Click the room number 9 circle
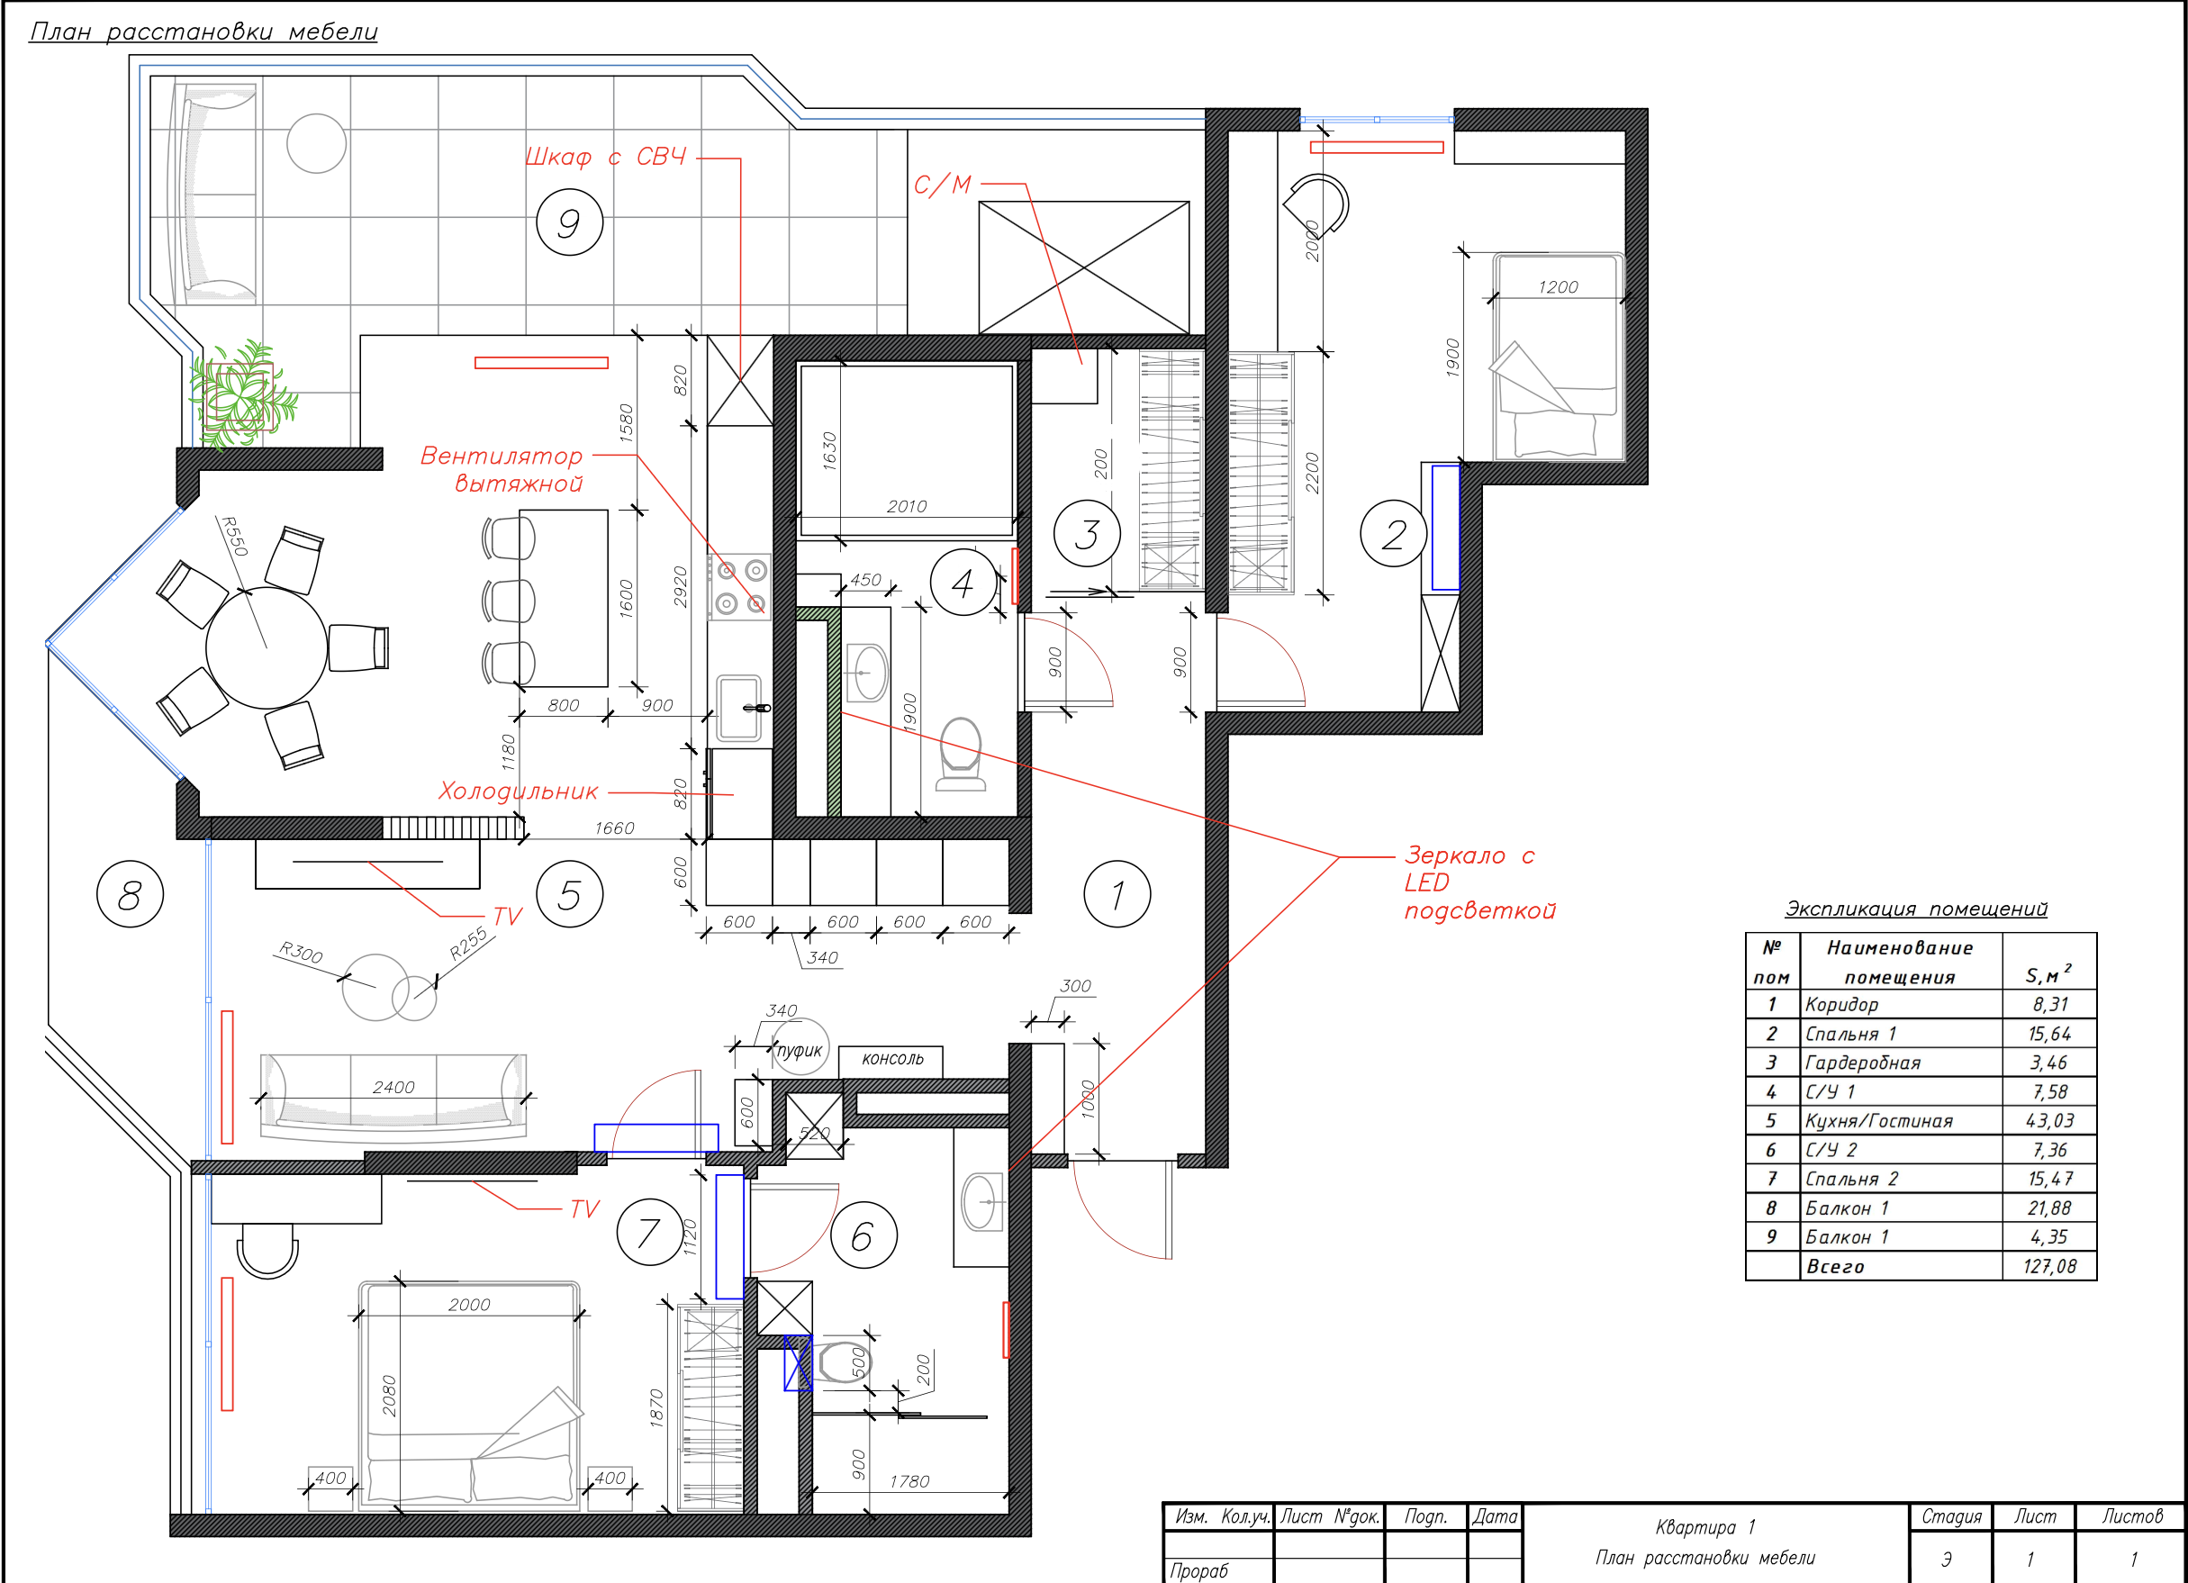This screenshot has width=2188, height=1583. click(569, 222)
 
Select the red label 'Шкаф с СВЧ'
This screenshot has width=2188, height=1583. click(606, 158)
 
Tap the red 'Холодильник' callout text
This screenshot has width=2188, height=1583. click(518, 791)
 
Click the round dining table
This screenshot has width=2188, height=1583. click(267, 648)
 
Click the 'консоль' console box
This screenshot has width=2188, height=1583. click(891, 1060)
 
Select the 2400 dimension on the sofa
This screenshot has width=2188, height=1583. click(393, 1087)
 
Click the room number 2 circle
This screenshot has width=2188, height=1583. click(1393, 533)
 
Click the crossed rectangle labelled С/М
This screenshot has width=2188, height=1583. click(1083, 267)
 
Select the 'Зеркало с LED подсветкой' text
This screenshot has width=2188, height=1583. click(1478, 882)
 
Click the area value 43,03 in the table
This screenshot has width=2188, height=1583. click(2049, 1121)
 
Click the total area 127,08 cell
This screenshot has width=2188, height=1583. click(2049, 1266)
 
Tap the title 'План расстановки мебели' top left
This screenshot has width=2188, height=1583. click(203, 31)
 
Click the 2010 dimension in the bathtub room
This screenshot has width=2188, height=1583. click(907, 506)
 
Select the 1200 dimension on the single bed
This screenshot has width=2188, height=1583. click(1558, 287)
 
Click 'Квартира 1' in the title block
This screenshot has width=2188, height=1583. click(1704, 1527)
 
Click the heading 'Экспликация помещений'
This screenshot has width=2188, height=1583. click(1916, 909)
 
